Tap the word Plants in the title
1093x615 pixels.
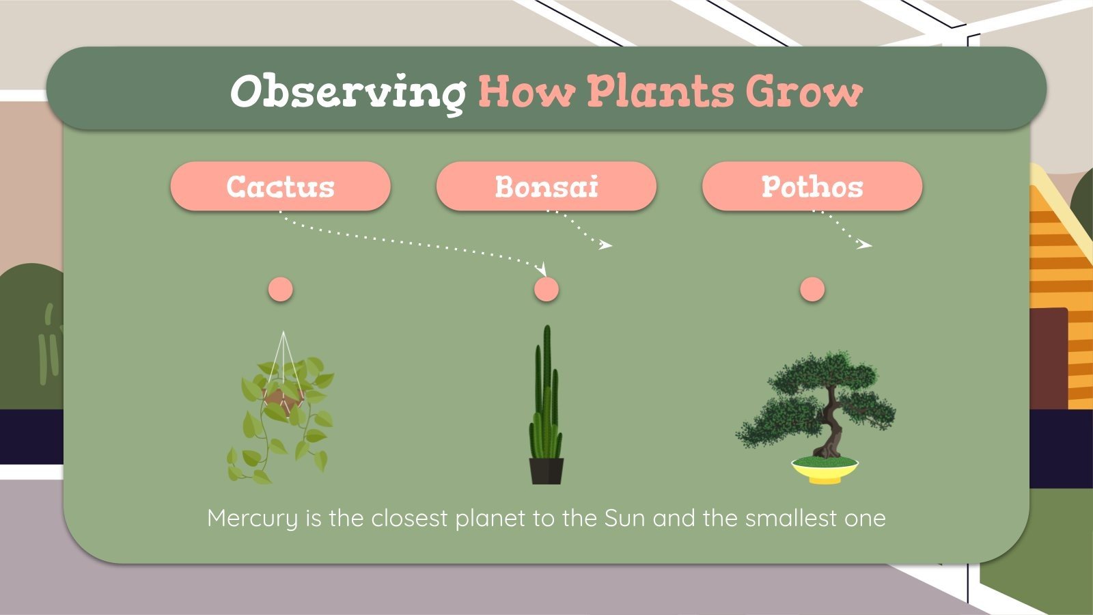660,91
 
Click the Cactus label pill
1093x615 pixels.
280,187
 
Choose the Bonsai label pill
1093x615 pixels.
546,187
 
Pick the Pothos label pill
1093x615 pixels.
812,187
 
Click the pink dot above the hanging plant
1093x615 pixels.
280,289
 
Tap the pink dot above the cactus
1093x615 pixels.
546,289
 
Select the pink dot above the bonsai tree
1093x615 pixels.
812,289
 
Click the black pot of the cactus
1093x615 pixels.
546,471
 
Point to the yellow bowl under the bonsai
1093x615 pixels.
825,472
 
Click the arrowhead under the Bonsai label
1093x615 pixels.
606,245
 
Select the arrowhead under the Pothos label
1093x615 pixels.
866,244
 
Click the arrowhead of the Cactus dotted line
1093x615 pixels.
543,269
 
